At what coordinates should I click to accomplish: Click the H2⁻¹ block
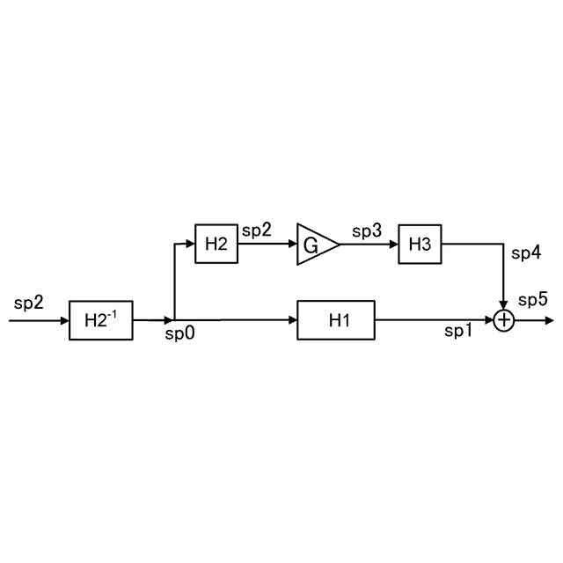tap(101, 319)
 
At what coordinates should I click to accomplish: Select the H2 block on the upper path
tap(216, 244)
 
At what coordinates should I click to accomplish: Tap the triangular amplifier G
tap(314, 244)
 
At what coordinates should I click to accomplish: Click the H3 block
tap(420, 244)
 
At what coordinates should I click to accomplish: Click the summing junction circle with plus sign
tap(503, 320)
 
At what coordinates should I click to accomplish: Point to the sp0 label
tap(179, 335)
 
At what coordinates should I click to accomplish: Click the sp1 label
tap(458, 332)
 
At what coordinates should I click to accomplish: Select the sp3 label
tap(367, 231)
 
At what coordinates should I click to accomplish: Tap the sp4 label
tap(526, 254)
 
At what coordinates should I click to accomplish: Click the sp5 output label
tap(532, 300)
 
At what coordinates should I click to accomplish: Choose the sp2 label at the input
tap(29, 303)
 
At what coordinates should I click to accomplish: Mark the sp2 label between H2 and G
tap(257, 230)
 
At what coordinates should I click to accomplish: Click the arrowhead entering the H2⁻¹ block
tap(64, 320)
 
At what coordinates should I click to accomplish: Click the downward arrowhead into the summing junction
tap(503, 305)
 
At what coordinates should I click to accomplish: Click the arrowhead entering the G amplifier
tap(292, 244)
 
